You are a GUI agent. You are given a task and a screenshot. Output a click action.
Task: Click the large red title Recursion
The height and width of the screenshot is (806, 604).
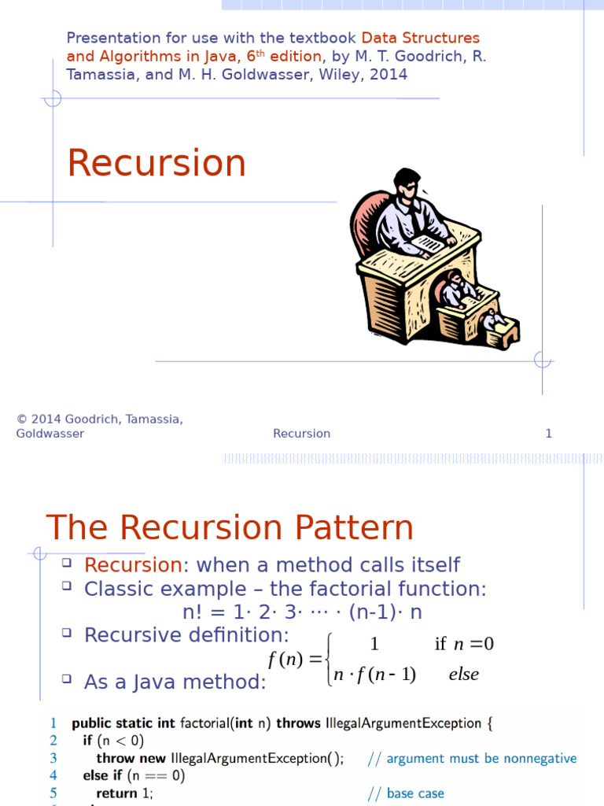click(x=157, y=163)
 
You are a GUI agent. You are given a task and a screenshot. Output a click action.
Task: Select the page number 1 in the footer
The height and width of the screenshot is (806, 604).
click(x=548, y=434)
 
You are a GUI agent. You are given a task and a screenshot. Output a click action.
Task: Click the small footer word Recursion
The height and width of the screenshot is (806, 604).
click(x=301, y=434)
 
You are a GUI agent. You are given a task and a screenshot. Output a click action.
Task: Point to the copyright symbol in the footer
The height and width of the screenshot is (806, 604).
click(x=20, y=420)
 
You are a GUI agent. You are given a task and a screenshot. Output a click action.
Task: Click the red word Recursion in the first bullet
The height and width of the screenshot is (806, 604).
click(x=133, y=565)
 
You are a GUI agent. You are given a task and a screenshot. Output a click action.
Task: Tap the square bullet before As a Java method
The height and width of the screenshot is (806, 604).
click(x=66, y=678)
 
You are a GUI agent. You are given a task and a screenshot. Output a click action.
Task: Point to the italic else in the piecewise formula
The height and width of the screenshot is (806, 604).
click(x=463, y=675)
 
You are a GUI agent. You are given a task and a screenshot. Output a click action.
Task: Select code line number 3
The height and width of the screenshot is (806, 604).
click(x=53, y=758)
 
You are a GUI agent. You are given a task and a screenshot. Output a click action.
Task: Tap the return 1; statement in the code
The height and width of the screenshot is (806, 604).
click(x=124, y=793)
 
